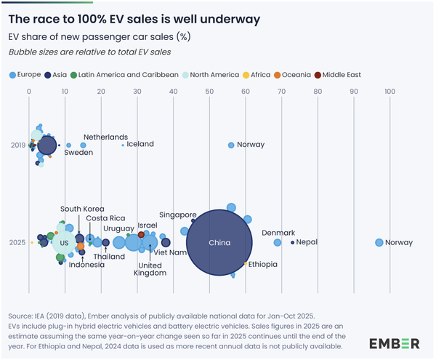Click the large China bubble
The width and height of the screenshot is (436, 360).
pos(219,242)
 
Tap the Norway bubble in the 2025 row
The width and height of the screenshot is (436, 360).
pos(379,242)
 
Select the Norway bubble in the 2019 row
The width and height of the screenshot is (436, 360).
pos(231,145)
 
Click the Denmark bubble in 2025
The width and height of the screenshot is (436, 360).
pos(278,242)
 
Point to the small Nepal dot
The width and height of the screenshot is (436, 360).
pos(292,242)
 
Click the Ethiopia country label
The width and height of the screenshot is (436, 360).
pos(263,265)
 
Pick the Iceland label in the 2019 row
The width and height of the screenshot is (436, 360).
pos(140,144)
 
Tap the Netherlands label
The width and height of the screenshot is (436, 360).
pos(105,137)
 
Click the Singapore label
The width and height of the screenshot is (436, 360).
pos(178,215)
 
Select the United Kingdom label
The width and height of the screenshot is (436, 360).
pos(151,269)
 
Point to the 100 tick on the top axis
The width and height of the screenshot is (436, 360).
pos(389,91)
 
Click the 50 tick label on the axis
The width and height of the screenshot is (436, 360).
pos(209,91)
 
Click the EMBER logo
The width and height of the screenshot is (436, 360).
pos(393,343)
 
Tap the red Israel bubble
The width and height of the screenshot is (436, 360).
pos(141,235)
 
